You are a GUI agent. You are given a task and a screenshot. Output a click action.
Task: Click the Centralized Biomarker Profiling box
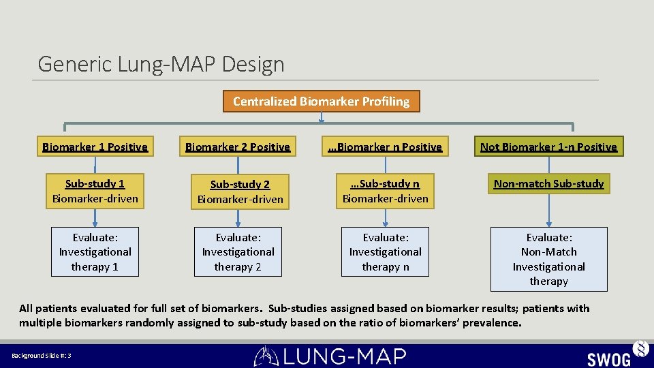(x=321, y=102)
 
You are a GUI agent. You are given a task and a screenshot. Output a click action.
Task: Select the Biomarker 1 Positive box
(x=95, y=147)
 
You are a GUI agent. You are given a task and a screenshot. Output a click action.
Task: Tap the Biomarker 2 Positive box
(x=238, y=147)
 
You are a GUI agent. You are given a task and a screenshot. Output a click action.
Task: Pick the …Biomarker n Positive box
(x=386, y=147)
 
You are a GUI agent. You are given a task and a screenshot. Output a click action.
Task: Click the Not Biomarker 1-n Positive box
(x=548, y=147)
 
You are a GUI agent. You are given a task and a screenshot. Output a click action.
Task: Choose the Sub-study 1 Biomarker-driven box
(x=95, y=191)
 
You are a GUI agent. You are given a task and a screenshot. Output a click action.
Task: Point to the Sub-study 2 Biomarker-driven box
(x=240, y=191)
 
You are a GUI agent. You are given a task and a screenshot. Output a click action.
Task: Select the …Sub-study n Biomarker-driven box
(x=386, y=191)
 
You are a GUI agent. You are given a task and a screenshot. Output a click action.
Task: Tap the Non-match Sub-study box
(x=548, y=183)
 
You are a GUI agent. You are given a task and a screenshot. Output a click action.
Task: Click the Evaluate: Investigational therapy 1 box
(x=95, y=251)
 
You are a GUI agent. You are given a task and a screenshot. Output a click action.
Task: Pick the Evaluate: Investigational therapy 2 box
(x=238, y=251)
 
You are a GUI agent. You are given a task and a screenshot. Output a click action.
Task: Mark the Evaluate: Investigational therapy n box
(x=386, y=251)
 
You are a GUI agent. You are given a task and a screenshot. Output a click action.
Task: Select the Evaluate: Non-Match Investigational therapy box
(x=548, y=259)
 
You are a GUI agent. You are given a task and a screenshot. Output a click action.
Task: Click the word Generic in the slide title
(x=76, y=65)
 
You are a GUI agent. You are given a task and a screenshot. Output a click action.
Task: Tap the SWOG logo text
(x=608, y=358)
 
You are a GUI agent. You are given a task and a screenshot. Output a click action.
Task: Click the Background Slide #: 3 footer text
(x=42, y=356)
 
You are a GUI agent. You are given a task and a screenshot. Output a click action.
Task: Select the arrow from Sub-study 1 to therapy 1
(x=95, y=217)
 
